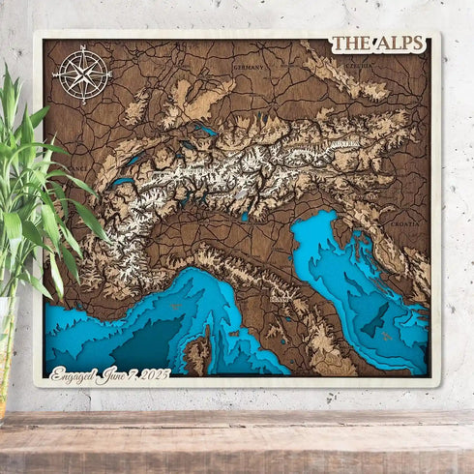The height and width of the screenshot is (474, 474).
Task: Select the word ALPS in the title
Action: (401, 44)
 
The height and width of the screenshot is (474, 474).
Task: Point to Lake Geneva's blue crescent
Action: (122, 181)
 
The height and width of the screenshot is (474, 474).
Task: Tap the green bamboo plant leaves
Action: (29, 193)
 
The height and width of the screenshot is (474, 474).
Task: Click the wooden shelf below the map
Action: (237, 440)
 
